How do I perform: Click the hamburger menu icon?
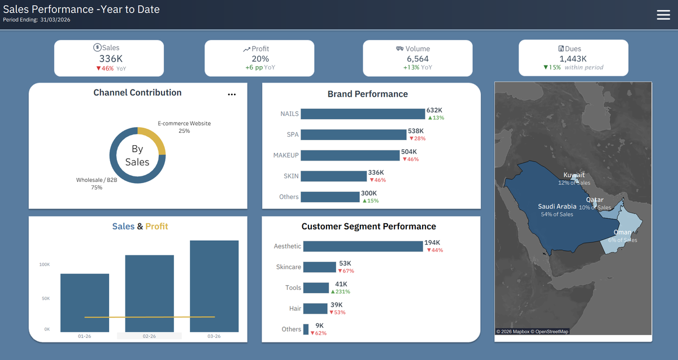click(x=663, y=15)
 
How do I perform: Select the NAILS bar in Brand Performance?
click(x=363, y=114)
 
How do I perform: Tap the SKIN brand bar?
click(x=333, y=176)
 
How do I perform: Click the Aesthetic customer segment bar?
click(x=363, y=246)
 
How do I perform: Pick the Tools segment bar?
click(x=316, y=288)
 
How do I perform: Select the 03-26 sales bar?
click(x=214, y=286)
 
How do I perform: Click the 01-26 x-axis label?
click(x=84, y=336)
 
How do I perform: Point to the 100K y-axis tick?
click(x=45, y=264)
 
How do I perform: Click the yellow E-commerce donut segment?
click(x=154, y=137)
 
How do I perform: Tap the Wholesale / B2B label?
click(x=97, y=180)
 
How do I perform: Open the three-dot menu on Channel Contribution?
click(x=232, y=94)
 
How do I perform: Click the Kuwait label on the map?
click(x=574, y=175)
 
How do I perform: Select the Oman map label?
click(x=622, y=232)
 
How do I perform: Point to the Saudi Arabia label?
click(x=557, y=206)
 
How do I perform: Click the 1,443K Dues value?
click(x=573, y=58)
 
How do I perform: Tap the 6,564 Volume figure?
click(x=418, y=58)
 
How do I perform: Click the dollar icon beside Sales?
click(x=97, y=47)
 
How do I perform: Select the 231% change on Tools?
click(x=341, y=292)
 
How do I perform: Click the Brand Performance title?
click(x=367, y=94)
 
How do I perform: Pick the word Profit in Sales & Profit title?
click(x=157, y=226)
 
